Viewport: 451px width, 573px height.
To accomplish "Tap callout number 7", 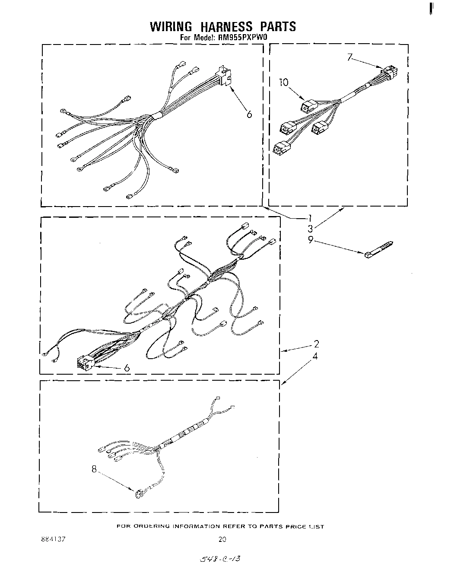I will (350, 57).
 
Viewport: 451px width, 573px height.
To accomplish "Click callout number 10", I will (283, 82).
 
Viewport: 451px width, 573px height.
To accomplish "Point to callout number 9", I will (310, 239).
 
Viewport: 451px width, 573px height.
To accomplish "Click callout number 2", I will (316, 344).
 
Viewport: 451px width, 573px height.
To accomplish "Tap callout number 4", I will (315, 357).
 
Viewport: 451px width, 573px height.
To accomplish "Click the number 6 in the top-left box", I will (249, 114).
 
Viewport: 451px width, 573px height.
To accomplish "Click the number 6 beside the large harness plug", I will (127, 368).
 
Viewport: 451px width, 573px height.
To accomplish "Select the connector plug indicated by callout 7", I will (390, 71).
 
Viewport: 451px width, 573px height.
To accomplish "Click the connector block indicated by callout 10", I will (308, 105).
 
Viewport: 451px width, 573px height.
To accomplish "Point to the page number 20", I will (222, 539).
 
